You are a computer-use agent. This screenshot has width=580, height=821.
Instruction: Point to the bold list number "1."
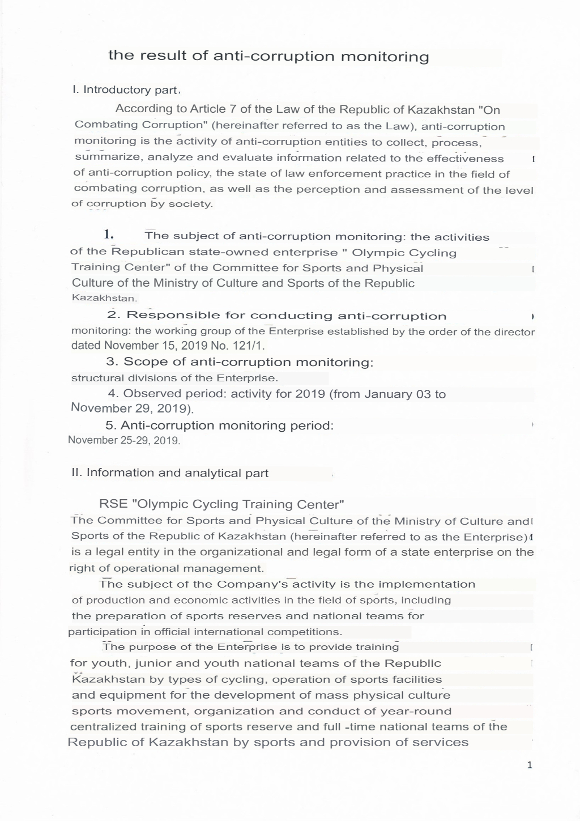[109, 235]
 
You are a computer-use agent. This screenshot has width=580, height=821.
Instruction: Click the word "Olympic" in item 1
[379, 253]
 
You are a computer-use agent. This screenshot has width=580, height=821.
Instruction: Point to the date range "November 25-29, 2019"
[124, 440]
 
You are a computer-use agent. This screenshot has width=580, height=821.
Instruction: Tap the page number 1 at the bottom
[530, 765]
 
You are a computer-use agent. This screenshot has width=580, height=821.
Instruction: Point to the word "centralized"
[104, 727]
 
